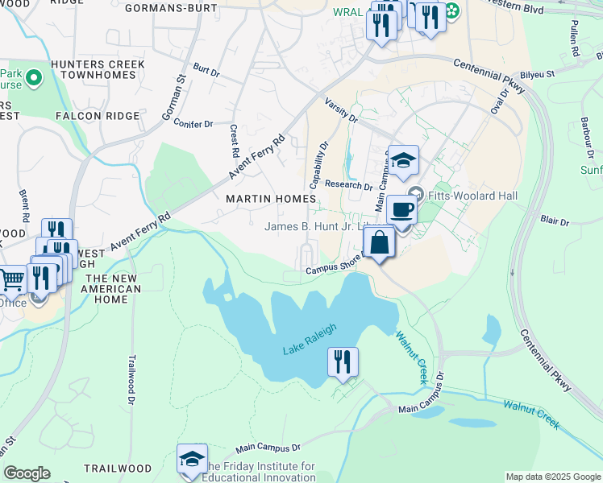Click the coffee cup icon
pyautogui.click(x=401, y=211)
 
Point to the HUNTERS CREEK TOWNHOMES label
pyautogui.click(x=98, y=70)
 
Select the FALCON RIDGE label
pyautogui.click(x=98, y=116)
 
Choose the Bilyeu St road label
pyautogui.click(x=539, y=74)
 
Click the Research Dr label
pyautogui.click(x=343, y=184)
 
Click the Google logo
pyautogui.click(x=27, y=473)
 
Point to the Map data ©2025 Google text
pyautogui.click(x=551, y=477)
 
